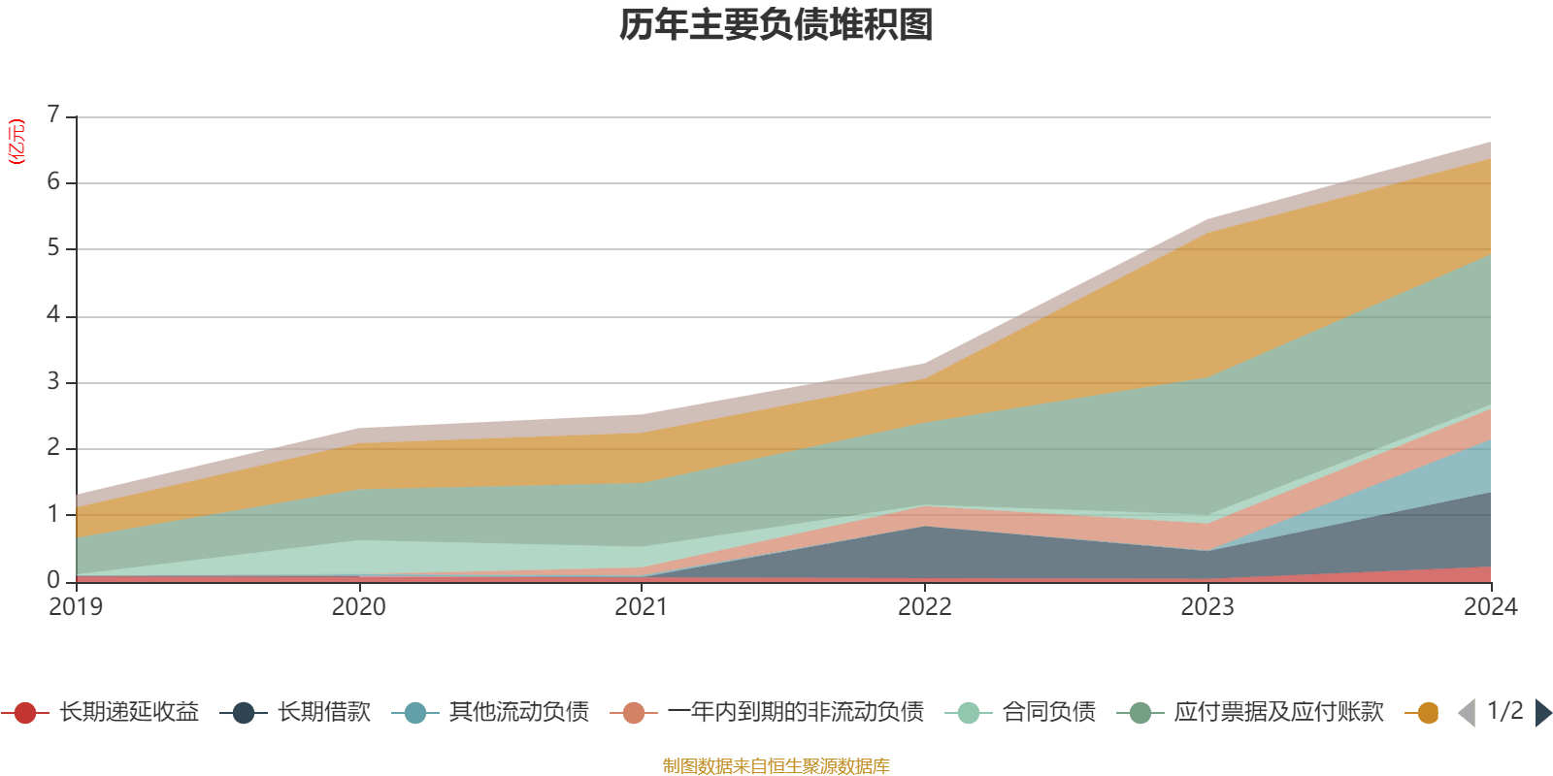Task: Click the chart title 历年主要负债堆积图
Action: (776, 25)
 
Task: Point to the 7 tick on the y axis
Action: (53, 115)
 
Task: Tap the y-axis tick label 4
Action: (53, 315)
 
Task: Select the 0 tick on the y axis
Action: (53, 580)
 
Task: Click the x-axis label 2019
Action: (76, 607)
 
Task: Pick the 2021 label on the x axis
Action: (642, 607)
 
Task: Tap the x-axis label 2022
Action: (924, 607)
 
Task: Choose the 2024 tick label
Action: (1490, 607)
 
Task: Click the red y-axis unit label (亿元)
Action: (17, 142)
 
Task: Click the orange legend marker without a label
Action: (1427, 714)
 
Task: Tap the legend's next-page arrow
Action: (1543, 713)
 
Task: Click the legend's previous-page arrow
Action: (1467, 713)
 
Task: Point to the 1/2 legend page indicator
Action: (1504, 711)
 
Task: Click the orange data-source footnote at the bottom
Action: (776, 766)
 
